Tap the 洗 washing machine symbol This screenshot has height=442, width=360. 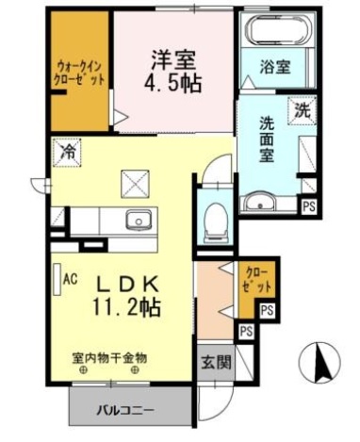[303, 108]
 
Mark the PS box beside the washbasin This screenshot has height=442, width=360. [308, 205]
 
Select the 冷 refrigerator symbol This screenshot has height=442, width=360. [68, 149]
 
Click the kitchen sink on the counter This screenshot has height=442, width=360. [139, 221]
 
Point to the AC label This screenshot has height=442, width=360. [70, 279]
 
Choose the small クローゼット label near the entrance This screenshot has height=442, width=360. [255, 278]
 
